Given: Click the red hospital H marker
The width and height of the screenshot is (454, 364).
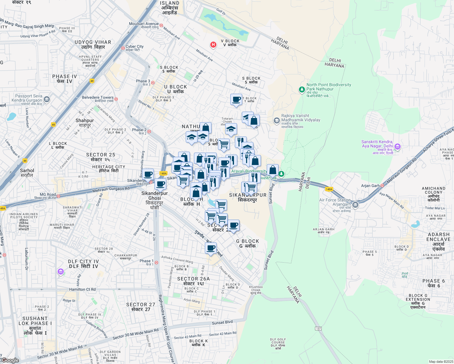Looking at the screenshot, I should click(213, 45).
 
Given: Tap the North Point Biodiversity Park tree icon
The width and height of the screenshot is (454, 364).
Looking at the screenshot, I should click(302, 89).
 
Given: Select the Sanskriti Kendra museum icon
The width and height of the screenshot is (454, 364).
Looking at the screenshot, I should click(398, 147).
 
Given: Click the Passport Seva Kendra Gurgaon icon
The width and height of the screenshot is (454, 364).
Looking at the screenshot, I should click(46, 99).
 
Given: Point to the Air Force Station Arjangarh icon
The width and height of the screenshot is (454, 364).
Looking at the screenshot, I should click(355, 205).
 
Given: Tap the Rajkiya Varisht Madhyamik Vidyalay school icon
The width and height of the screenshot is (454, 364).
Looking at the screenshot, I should click(276, 121).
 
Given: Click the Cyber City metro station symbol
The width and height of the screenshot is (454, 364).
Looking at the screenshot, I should click(123, 48).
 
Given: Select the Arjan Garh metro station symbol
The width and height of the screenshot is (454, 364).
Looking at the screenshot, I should click(382, 185).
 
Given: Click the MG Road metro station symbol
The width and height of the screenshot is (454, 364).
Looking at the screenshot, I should click(58, 196).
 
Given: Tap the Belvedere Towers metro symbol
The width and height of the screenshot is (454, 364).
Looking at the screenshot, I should click(116, 99).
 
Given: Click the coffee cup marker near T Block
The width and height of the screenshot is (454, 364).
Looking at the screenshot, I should click(236, 99).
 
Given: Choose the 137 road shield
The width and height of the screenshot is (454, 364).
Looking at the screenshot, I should click(318, 329).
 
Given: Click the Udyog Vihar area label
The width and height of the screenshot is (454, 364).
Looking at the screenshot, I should click(93, 45).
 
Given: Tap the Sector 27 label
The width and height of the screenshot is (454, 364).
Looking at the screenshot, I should click(141, 307).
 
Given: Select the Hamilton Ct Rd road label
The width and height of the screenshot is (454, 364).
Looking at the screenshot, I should click(82, 289).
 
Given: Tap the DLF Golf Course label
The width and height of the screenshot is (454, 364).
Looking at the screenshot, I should click(278, 344).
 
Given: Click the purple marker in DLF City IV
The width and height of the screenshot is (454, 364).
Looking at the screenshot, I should click(61, 272).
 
